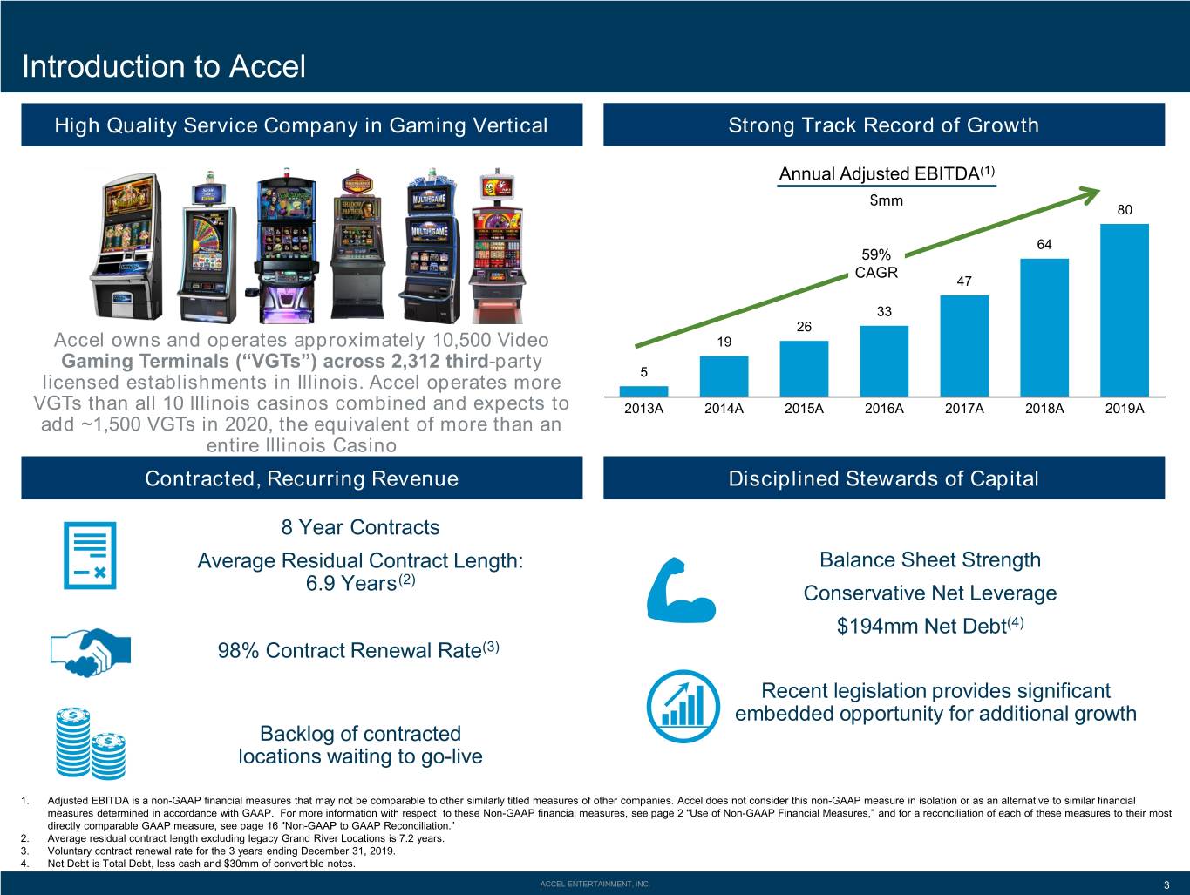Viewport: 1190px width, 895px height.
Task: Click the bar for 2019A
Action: click(x=1125, y=310)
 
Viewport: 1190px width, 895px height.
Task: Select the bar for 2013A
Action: click(x=643, y=391)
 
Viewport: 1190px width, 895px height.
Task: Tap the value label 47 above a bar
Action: click(x=964, y=281)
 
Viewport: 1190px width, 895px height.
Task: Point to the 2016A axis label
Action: click(x=884, y=409)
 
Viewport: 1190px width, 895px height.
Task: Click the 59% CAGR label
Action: click(x=876, y=263)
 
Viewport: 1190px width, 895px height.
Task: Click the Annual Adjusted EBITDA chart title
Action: click(x=887, y=173)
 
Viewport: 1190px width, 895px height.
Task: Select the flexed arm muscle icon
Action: click(x=681, y=589)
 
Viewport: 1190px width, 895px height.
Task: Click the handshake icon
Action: click(x=91, y=652)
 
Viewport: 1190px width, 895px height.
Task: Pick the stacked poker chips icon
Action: click(x=91, y=742)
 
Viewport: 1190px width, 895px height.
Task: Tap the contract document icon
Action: click(x=90, y=555)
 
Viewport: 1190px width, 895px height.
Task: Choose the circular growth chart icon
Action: click(x=683, y=707)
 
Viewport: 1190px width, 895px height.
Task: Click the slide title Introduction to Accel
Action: click(x=164, y=66)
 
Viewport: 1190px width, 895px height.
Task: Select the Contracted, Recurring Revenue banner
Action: click(x=302, y=478)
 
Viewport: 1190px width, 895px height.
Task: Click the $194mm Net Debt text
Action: click(x=930, y=626)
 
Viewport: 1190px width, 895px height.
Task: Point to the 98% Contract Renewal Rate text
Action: click(x=358, y=650)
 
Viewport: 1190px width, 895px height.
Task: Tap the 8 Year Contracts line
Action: click(x=360, y=527)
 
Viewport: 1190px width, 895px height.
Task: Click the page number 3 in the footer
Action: click(x=1166, y=885)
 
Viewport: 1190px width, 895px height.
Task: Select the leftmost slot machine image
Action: click(x=126, y=247)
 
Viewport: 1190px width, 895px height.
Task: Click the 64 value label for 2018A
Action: click(x=1044, y=244)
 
